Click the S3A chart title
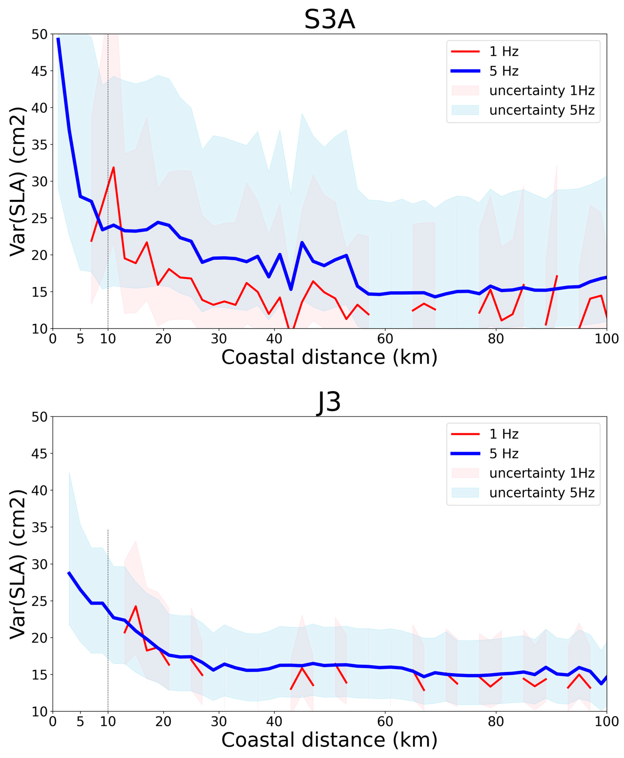click(x=329, y=20)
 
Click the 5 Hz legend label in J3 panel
click(x=504, y=454)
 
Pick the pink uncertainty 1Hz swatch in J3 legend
click(x=465, y=473)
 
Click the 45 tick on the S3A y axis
click(x=40, y=71)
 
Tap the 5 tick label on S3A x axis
click(x=80, y=339)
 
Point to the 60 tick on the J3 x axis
click(x=385, y=721)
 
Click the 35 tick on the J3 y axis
click(x=40, y=527)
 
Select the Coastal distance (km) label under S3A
click(x=329, y=357)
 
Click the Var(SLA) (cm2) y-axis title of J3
click(x=18, y=564)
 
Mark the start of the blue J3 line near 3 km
click(x=69, y=572)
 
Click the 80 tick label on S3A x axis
click(x=496, y=339)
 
